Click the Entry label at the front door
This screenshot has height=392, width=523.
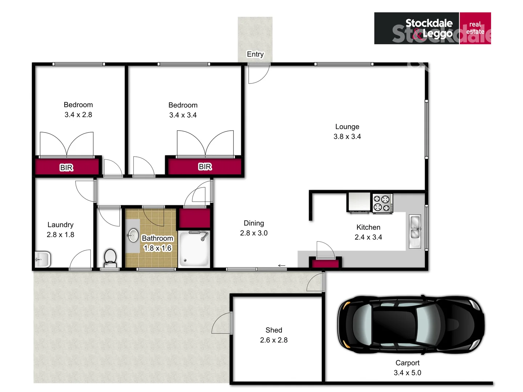click(255, 54)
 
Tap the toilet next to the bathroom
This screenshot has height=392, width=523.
click(110, 257)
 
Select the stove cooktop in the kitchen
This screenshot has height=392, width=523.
click(382, 203)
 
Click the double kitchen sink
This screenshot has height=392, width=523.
click(415, 232)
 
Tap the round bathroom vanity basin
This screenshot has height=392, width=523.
click(133, 235)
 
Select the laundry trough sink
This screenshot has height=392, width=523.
click(42, 259)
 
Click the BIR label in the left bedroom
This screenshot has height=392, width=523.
click(66, 167)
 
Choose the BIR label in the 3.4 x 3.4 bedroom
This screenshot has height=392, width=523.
click(205, 167)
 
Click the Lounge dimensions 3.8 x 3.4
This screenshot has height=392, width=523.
click(347, 136)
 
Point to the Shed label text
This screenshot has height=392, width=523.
click(273, 330)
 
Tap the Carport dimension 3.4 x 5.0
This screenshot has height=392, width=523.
click(407, 373)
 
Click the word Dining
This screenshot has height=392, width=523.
click(254, 223)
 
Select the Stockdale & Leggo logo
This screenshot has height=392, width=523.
click(432, 28)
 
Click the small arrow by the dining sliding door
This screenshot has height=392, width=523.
click(281, 266)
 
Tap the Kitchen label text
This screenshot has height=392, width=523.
click(368, 227)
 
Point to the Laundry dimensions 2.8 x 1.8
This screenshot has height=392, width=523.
click(60, 234)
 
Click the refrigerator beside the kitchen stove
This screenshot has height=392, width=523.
click(359, 202)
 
